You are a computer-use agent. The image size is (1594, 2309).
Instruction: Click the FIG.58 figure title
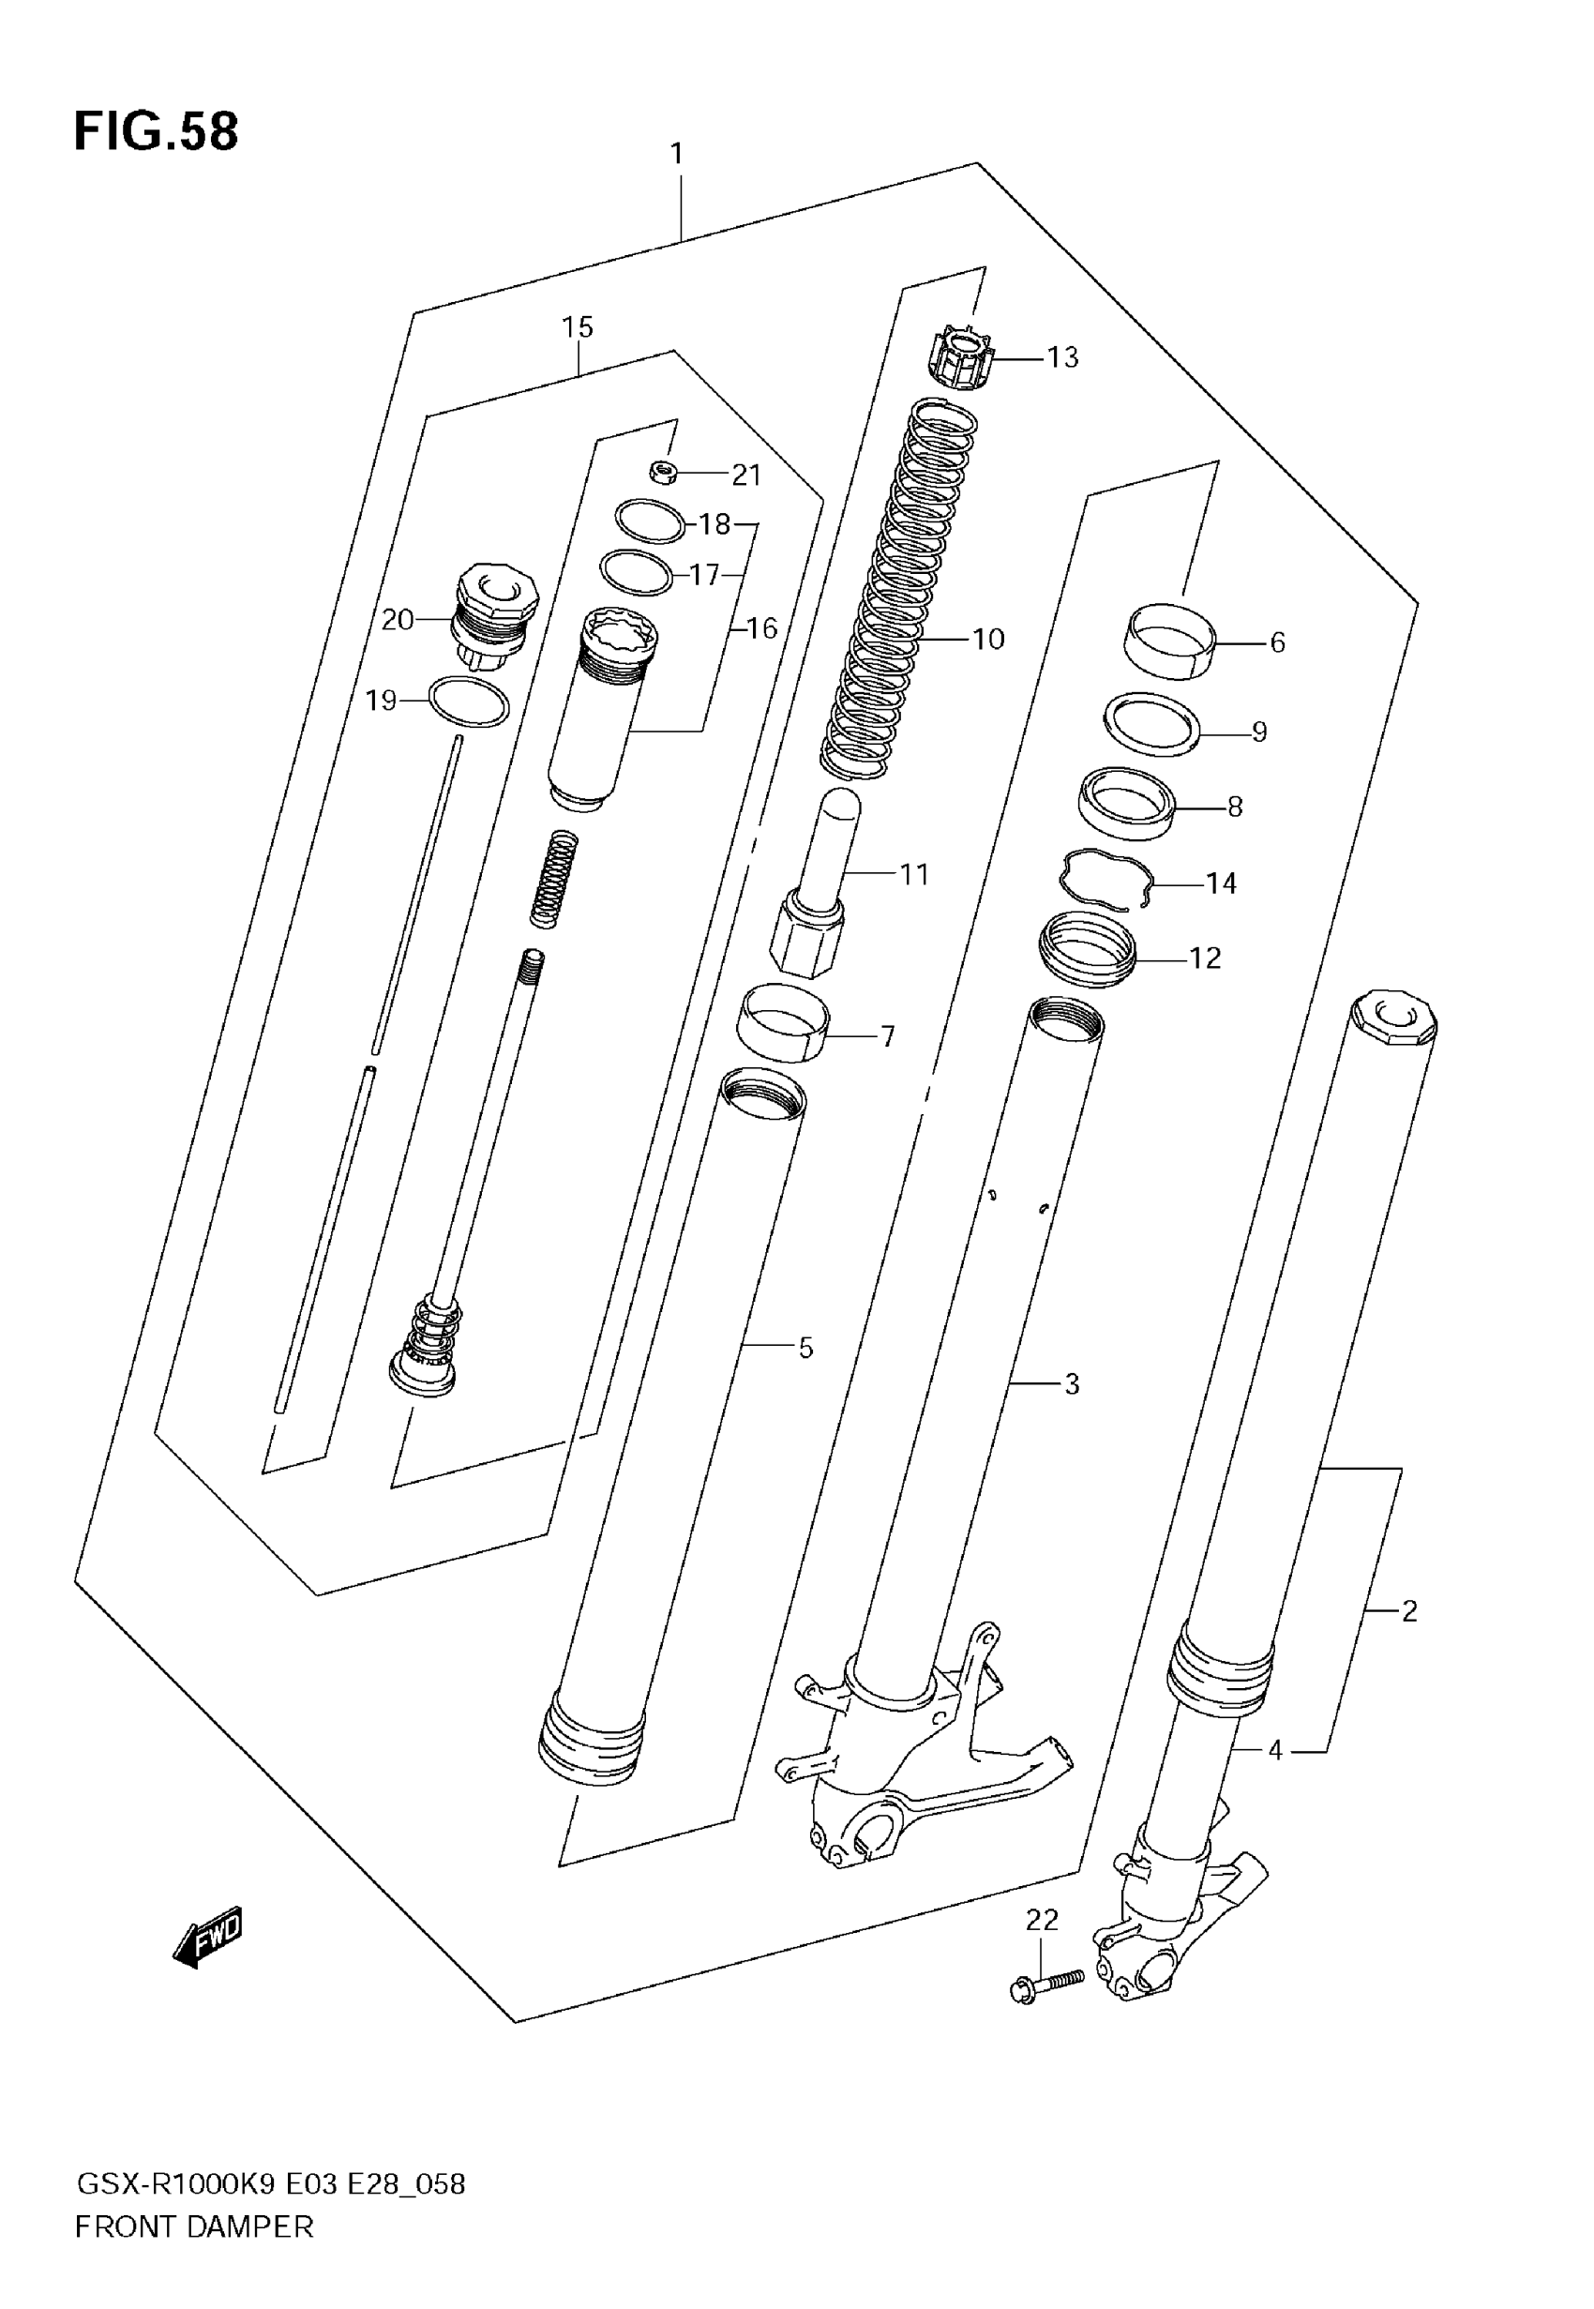[x=156, y=132]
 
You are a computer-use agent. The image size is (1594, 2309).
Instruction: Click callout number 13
[x=1062, y=357]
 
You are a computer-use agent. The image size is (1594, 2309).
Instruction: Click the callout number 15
[x=578, y=327]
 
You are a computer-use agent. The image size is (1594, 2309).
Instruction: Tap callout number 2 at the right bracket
[x=1408, y=1610]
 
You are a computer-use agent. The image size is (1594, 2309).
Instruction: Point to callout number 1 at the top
[x=676, y=154]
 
